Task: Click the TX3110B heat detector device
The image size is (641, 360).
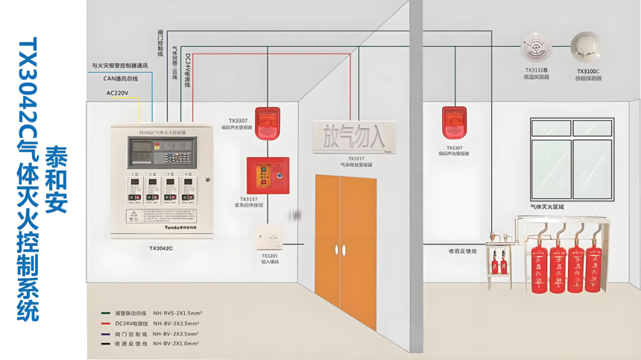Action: (535, 47)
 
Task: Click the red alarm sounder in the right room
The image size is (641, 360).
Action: (454, 123)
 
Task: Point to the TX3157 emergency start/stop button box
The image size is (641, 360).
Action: (268, 175)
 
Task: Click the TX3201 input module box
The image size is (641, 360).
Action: (269, 238)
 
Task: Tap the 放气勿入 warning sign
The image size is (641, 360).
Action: (354, 136)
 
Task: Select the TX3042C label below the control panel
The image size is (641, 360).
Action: (160, 248)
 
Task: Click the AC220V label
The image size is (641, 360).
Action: (117, 93)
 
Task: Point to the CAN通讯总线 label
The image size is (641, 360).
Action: (120, 78)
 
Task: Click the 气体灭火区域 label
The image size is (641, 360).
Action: (547, 206)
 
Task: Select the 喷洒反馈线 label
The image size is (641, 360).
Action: (462, 251)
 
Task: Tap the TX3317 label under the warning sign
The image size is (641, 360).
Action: (356, 159)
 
